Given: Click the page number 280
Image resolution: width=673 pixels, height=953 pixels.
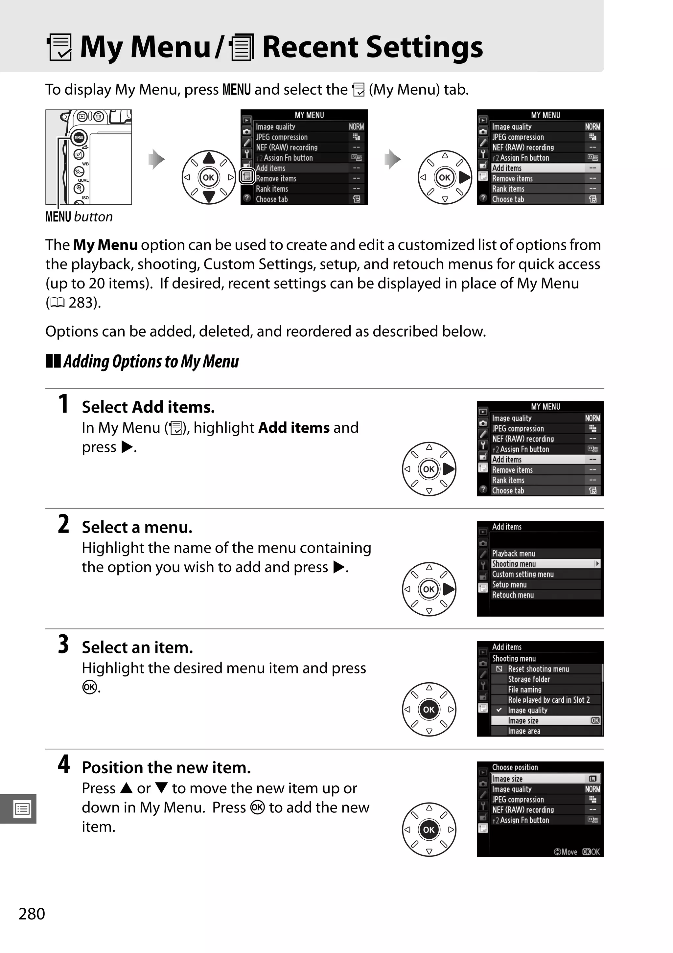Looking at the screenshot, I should click(x=32, y=914).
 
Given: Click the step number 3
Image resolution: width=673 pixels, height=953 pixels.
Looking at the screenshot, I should click(x=63, y=645).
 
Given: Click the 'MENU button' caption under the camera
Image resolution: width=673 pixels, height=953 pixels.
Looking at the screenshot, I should click(x=79, y=217).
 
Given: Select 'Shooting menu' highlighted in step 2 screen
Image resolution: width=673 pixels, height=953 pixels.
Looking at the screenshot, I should click(x=514, y=564).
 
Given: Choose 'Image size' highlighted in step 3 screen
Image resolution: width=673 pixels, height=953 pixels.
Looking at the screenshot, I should click(x=523, y=720).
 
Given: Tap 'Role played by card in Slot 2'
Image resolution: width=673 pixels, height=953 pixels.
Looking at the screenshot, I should click(x=548, y=700).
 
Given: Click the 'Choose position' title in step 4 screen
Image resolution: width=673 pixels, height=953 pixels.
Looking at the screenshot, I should click(x=515, y=767).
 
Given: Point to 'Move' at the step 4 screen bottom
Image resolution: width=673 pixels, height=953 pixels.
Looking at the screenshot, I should click(x=569, y=852).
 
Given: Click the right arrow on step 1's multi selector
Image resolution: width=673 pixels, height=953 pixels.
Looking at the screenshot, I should click(x=449, y=469).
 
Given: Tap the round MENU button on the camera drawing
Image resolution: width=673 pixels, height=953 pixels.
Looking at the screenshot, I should click(x=79, y=137).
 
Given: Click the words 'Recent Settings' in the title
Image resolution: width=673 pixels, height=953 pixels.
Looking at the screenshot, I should click(x=372, y=47).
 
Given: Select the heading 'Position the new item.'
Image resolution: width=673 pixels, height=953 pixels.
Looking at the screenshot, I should click(x=166, y=767).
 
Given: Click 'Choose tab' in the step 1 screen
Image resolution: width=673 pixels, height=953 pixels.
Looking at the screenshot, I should click(x=508, y=490).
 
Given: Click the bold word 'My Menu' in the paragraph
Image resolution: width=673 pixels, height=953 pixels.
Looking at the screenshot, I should click(x=105, y=245).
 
